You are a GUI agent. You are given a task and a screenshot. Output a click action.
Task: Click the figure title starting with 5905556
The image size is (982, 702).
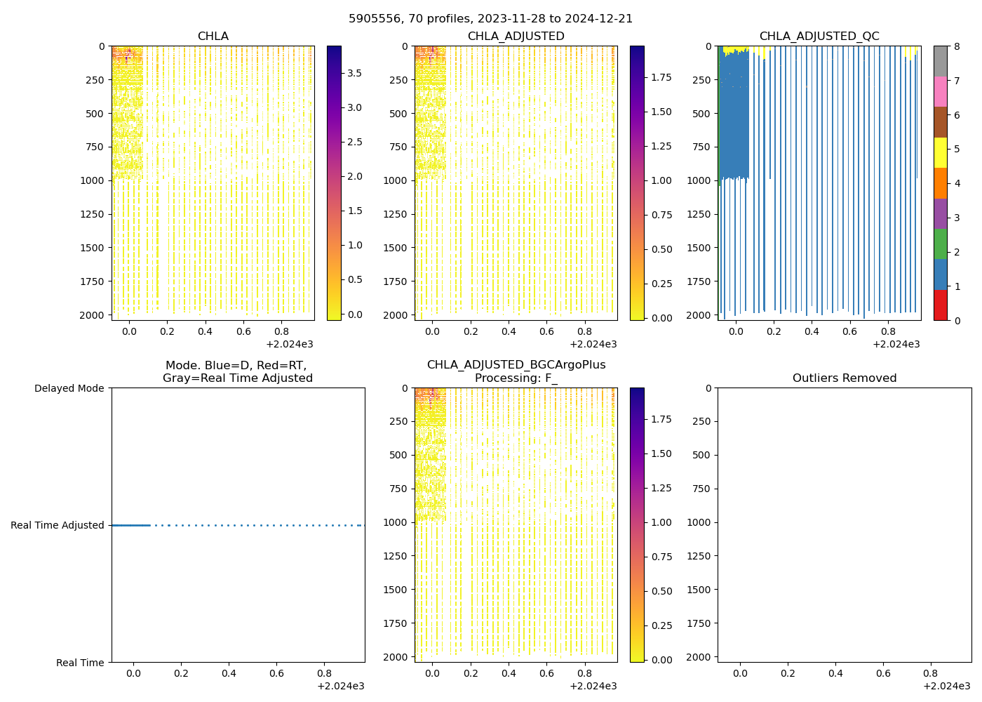490,18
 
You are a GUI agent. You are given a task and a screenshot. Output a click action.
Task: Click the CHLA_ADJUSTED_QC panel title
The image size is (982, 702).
819,37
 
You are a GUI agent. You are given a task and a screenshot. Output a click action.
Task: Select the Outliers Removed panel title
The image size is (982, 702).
844,378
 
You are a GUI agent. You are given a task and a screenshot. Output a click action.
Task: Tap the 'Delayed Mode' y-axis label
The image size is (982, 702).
69,388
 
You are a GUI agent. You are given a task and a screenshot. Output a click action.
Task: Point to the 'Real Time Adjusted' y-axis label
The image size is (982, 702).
57,525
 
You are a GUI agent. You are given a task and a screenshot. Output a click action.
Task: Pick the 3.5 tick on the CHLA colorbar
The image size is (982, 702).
355,73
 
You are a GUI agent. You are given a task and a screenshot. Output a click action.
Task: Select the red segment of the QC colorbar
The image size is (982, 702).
940,305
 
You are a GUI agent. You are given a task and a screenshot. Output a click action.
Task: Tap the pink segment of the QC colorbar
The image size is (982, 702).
940,91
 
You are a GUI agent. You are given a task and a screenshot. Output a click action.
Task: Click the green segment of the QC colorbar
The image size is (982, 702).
940,244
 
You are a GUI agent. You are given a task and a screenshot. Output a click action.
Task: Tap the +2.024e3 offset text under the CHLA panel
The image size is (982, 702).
290,344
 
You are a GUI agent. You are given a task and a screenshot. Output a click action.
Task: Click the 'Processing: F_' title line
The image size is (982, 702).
516,378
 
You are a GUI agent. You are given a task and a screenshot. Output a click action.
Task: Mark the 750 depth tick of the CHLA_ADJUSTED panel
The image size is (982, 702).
397,147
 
